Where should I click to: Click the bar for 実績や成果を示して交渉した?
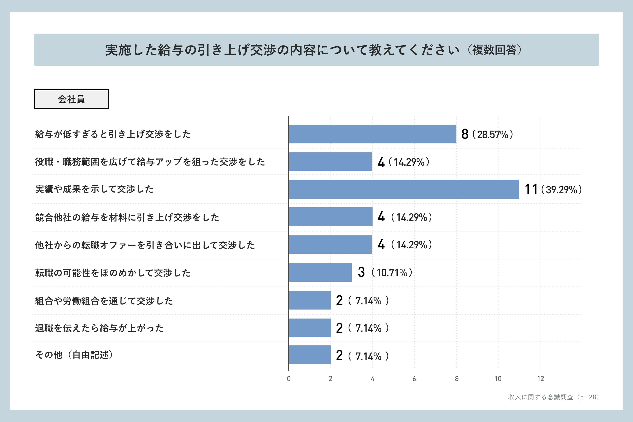click(404, 189)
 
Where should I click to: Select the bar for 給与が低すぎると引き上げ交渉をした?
click(373, 134)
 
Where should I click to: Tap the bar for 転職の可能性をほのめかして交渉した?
click(320, 272)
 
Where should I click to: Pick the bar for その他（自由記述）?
click(310, 355)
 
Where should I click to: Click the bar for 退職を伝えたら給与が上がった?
click(310, 328)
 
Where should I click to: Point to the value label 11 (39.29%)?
click(553, 189)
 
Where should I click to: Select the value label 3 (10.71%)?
click(385, 272)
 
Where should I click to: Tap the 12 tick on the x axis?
click(540, 379)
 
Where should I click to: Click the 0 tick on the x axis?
click(289, 379)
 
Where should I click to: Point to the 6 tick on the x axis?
click(414, 379)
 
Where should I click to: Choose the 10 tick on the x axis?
click(498, 379)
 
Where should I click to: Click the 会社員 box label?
click(71, 99)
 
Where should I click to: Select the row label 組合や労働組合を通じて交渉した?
click(104, 301)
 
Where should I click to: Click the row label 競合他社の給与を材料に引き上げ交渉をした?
click(127, 217)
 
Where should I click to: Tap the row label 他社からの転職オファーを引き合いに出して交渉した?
click(145, 245)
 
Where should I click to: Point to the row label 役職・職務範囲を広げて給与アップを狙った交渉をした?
click(150, 162)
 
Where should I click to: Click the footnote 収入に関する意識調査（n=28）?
click(553, 397)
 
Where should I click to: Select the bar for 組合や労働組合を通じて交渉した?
click(310, 300)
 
